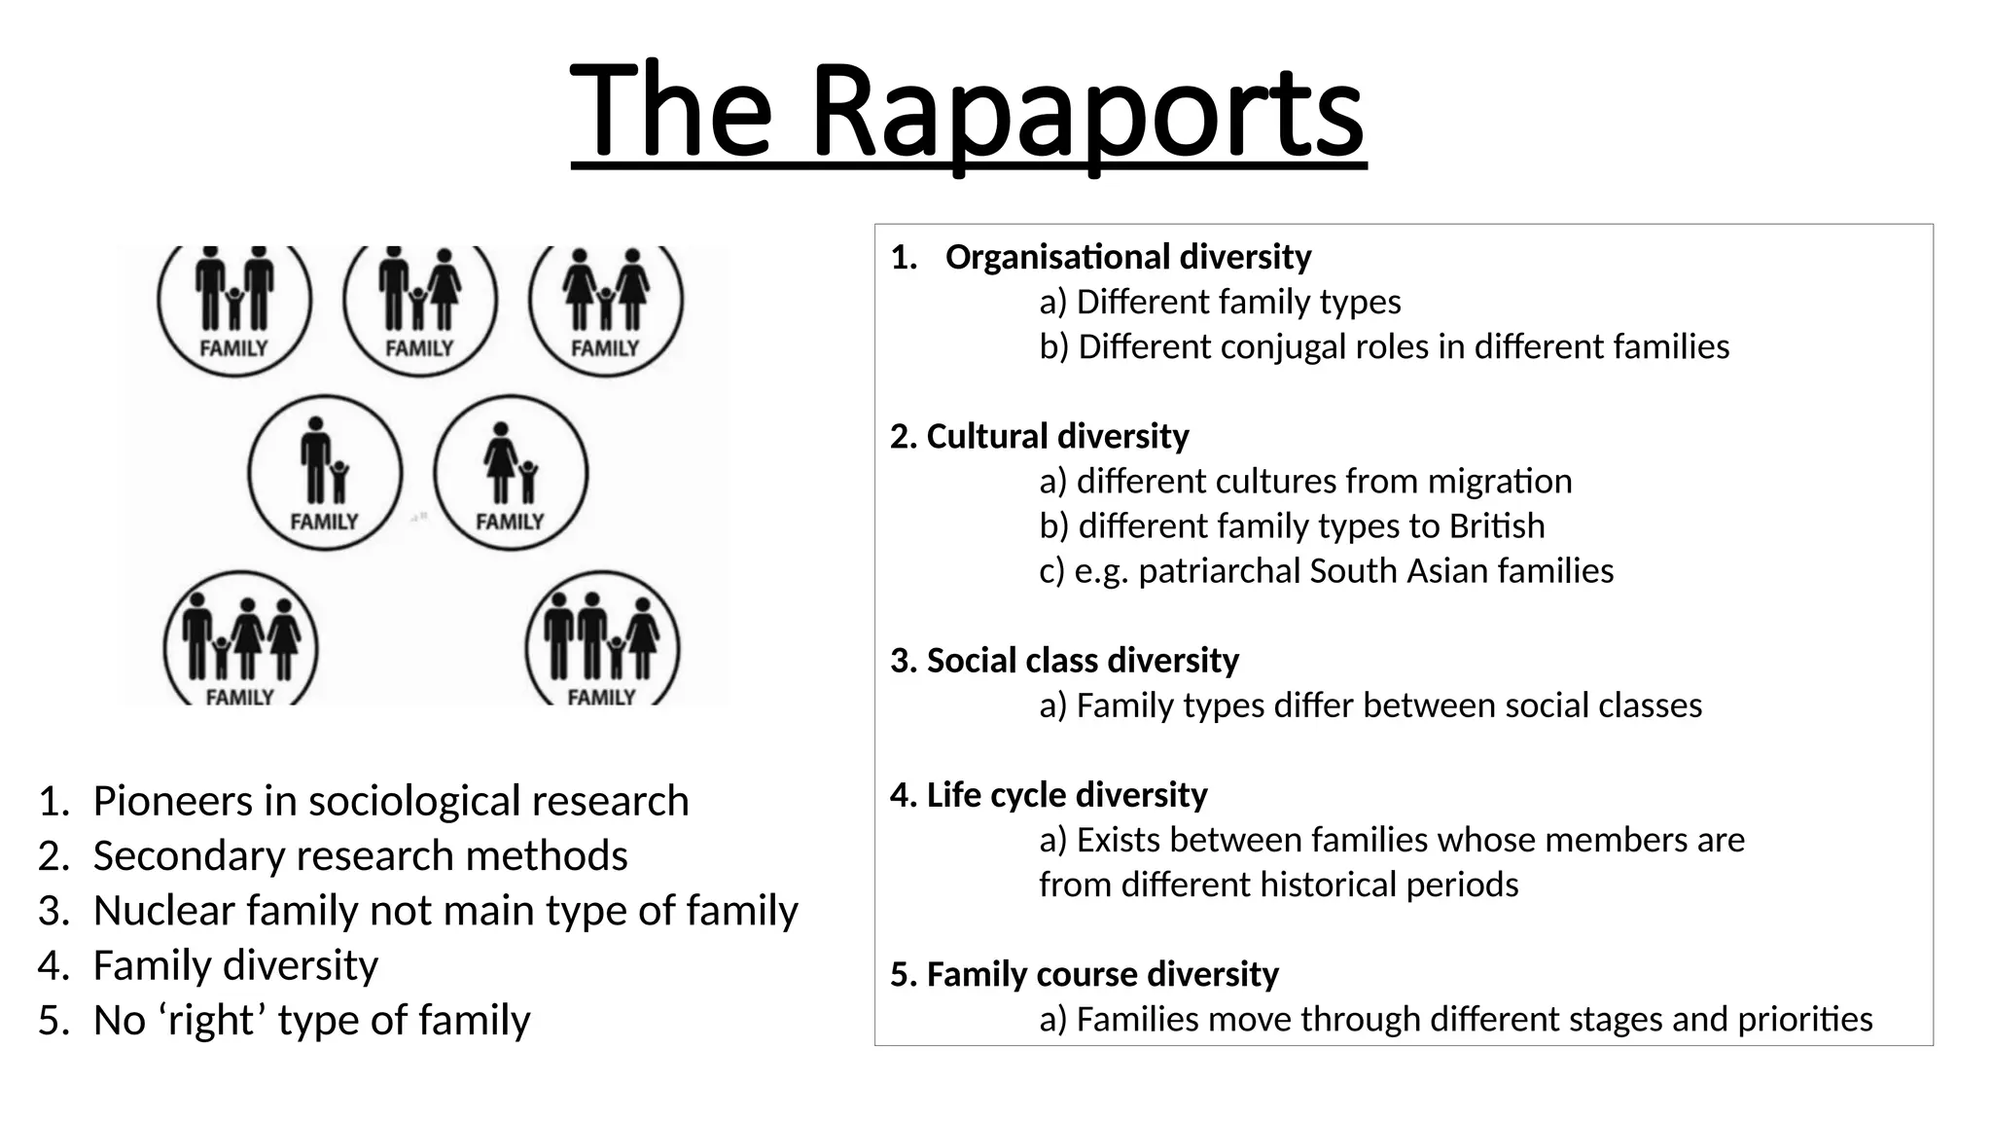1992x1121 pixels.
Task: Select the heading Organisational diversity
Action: point(1128,257)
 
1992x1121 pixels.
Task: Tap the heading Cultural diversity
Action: point(1039,436)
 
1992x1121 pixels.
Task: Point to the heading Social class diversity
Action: point(1064,661)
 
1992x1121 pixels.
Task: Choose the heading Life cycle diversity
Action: point(1049,795)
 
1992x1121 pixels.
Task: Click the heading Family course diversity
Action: point(1085,974)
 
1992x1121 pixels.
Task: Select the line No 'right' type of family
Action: point(311,1021)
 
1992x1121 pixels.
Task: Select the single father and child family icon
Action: point(325,473)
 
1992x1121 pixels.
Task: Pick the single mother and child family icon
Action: point(511,473)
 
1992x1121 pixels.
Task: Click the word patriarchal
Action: point(1219,571)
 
